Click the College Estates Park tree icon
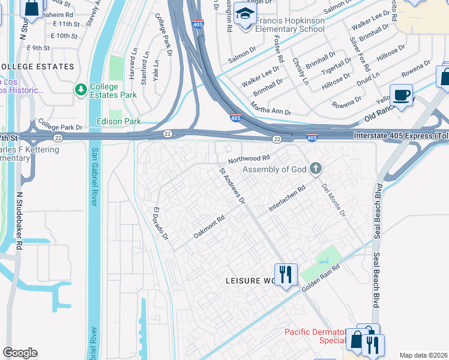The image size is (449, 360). point(81,89)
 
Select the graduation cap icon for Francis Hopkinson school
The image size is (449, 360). point(245,16)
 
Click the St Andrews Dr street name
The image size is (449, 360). point(232,186)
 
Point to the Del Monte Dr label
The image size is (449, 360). point(334,200)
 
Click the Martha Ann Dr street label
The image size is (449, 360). point(271,108)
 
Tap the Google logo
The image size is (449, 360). point(20,353)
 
